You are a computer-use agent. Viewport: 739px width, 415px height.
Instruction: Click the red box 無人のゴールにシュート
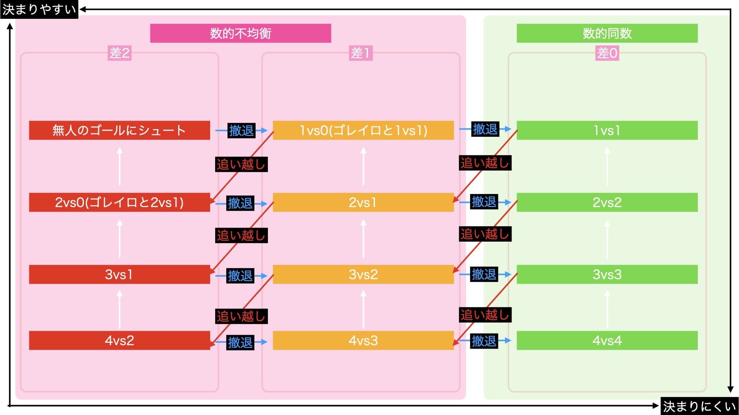[119, 130]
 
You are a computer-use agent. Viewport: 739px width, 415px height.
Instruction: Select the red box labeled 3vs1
[119, 274]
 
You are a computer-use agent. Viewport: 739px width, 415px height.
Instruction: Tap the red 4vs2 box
[119, 340]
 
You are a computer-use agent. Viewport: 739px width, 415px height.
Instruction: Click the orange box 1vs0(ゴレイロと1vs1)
[363, 130]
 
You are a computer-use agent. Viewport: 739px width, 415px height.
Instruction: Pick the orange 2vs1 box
[363, 202]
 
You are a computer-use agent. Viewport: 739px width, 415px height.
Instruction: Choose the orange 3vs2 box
[363, 274]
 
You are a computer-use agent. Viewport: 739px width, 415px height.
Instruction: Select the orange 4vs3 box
[363, 340]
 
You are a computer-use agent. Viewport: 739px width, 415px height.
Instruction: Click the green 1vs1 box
[607, 130]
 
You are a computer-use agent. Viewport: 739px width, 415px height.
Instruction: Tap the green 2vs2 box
[607, 202]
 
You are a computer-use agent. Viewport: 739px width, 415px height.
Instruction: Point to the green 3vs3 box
[607, 274]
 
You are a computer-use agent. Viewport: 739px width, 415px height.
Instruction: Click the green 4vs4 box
[607, 340]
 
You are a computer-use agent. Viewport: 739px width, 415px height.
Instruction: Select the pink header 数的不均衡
[241, 33]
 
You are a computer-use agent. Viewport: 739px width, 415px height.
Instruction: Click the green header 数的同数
[607, 33]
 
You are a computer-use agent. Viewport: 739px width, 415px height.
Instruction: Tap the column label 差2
[119, 53]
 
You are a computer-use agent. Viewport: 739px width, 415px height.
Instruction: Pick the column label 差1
[361, 53]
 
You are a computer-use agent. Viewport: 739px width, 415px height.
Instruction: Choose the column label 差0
[607, 53]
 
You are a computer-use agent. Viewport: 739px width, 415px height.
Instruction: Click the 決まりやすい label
[39, 9]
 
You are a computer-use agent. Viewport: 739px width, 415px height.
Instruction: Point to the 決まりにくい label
[699, 406]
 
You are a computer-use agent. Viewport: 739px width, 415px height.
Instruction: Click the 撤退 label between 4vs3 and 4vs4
[484, 341]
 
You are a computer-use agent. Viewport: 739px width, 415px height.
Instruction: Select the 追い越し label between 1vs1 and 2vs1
[485, 163]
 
